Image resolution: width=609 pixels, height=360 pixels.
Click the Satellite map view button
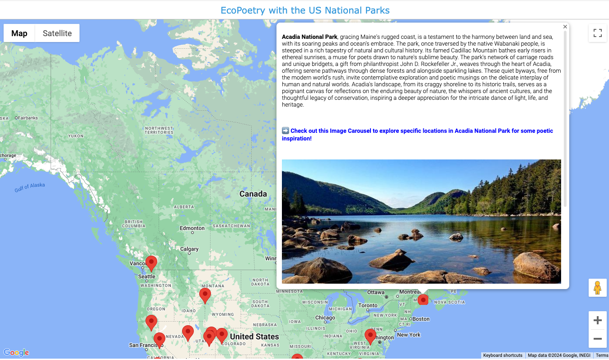pos(57,33)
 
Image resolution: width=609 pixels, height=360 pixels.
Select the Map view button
pos(19,33)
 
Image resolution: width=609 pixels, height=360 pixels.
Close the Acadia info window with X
pos(565,27)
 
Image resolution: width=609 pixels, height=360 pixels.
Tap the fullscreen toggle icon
pos(597,33)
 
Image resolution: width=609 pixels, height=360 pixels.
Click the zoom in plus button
pos(597,320)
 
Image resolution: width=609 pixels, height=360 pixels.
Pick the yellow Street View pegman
pos(597,288)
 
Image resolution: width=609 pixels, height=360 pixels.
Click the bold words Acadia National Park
pos(309,37)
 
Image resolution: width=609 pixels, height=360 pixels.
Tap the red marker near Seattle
pos(151,262)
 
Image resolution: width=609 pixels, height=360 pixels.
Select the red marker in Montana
pos(205,295)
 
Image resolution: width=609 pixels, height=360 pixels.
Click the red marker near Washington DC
pos(370,336)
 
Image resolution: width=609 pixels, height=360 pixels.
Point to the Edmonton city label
pos(192,228)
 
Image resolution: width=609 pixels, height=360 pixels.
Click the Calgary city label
pos(189,249)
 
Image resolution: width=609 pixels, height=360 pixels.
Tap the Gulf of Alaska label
pos(30,187)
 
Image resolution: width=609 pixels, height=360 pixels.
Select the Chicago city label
pos(325,318)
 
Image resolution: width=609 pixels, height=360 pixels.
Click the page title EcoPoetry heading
pos(305,10)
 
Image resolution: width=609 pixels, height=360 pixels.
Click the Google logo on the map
pos(16,353)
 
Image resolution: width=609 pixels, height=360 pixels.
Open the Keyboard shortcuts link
pos(502,355)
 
